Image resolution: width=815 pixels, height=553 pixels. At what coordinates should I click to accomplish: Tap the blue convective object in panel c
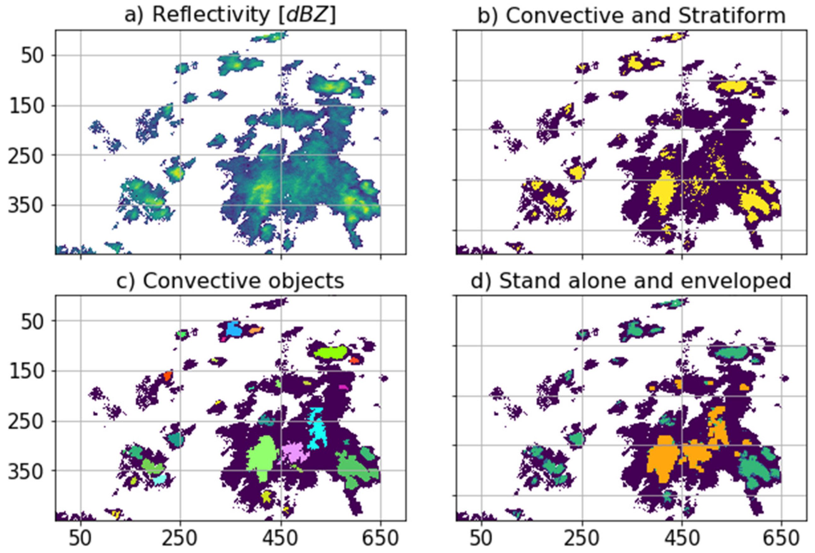pos(233,329)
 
